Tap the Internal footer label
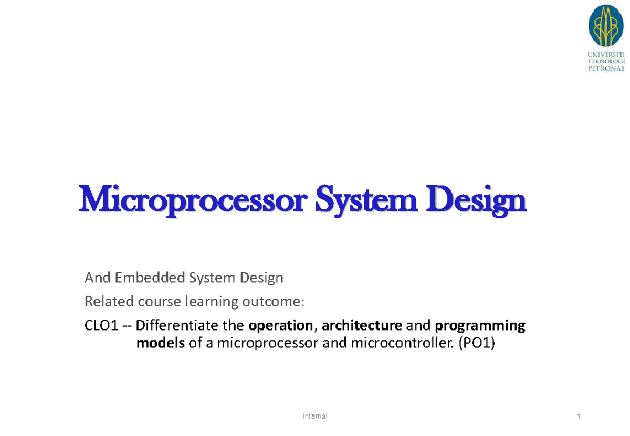tap(316, 416)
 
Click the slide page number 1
tap(578, 416)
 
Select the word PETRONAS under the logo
tap(606, 68)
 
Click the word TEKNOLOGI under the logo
tap(606, 61)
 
